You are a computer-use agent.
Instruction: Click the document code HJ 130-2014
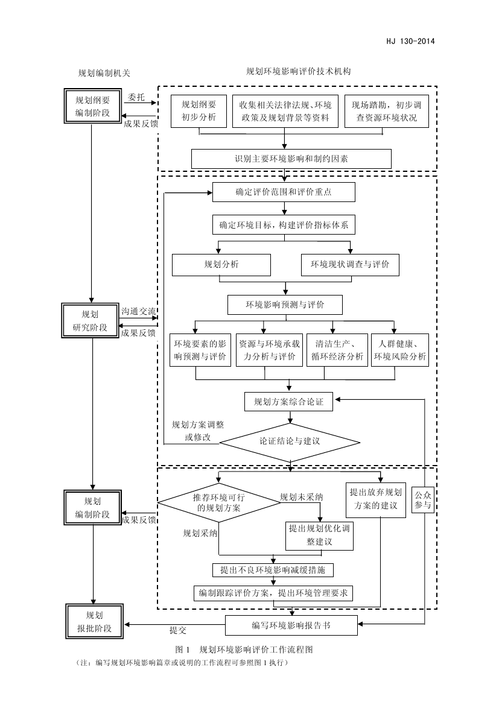[410, 42]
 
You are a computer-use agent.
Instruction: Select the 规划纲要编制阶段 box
[92, 106]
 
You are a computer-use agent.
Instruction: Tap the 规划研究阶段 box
[94, 321]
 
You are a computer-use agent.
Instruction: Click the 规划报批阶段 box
[94, 621]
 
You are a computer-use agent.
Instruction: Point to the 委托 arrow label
[136, 96]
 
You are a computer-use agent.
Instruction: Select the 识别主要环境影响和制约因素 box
[291, 159]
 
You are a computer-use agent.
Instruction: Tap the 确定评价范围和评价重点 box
[284, 192]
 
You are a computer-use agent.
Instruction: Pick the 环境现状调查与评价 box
[350, 264]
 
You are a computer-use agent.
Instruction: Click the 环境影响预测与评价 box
[284, 305]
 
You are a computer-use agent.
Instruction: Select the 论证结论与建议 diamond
[290, 441]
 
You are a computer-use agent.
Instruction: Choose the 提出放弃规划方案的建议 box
[375, 499]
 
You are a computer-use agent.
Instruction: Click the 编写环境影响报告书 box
[291, 625]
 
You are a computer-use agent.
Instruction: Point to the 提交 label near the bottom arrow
[178, 631]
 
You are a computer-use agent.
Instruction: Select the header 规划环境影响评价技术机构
[298, 71]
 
